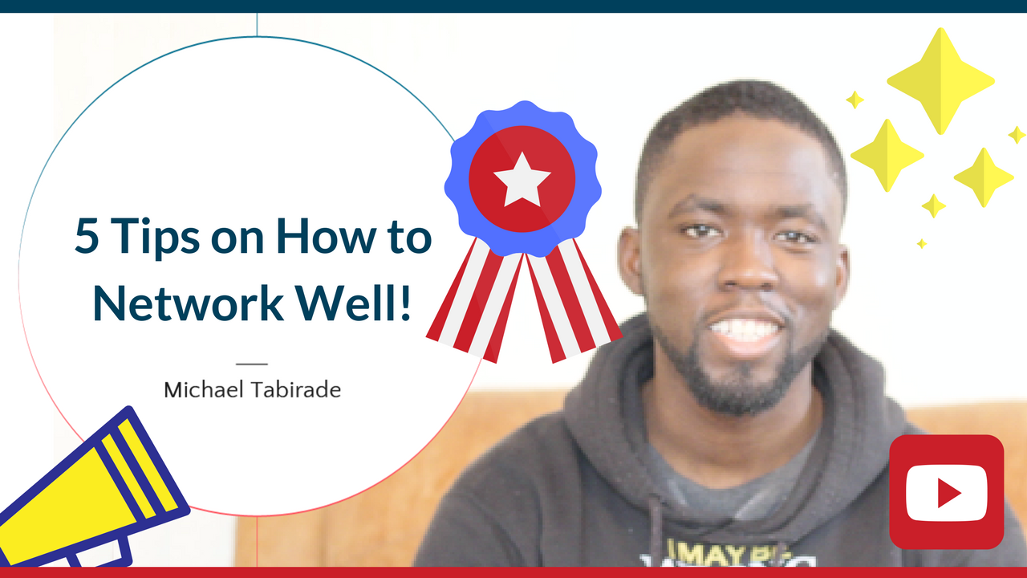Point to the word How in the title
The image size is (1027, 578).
(327, 237)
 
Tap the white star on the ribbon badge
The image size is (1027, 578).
(522, 178)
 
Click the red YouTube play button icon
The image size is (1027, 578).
(947, 491)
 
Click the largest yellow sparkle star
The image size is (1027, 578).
(940, 80)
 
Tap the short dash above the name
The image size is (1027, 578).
(252, 364)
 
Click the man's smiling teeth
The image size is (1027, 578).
(745, 329)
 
